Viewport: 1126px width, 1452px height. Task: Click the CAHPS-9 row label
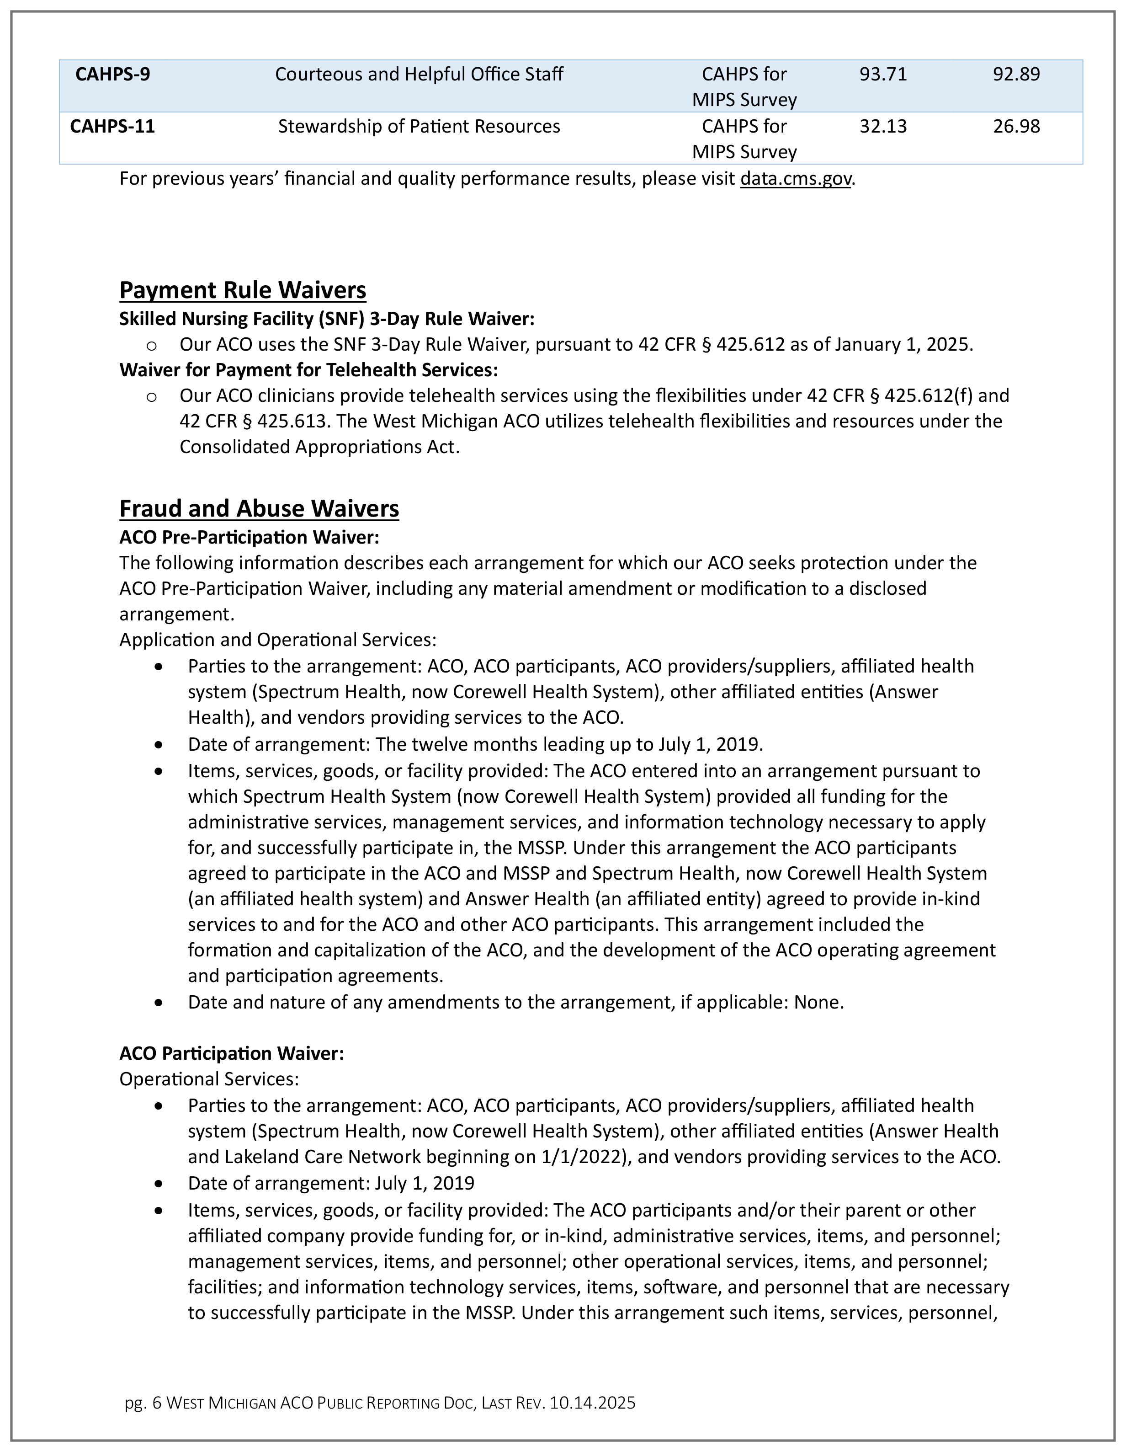point(112,74)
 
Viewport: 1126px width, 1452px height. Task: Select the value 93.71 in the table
point(883,74)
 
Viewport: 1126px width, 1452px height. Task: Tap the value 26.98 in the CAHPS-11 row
point(1016,126)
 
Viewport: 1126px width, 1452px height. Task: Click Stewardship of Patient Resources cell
point(419,126)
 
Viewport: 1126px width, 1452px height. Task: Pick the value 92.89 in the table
point(1016,74)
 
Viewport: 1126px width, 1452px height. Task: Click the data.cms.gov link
point(795,179)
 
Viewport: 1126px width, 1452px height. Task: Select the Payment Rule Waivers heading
point(243,290)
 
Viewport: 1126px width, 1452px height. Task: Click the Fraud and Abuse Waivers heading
point(259,508)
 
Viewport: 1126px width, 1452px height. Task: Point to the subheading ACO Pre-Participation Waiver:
point(249,537)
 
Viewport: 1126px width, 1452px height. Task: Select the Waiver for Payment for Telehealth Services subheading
point(308,370)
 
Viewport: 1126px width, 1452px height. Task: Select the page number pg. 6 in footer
point(143,1403)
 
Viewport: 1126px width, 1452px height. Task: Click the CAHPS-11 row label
point(112,126)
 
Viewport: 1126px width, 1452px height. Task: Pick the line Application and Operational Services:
point(278,640)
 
